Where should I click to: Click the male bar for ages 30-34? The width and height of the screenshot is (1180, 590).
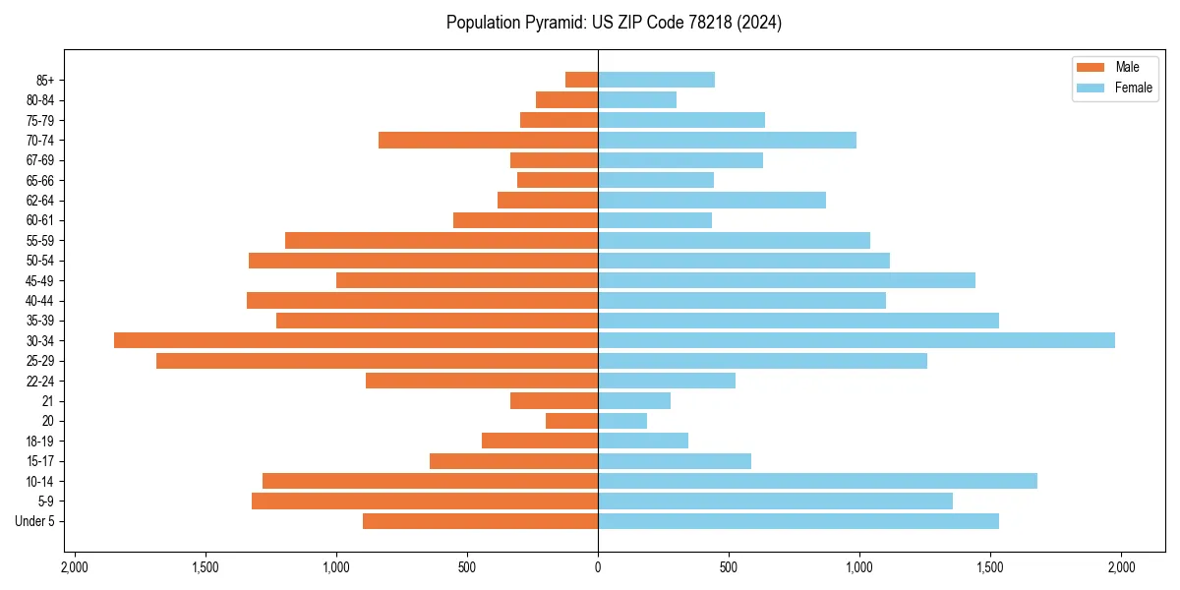[356, 340]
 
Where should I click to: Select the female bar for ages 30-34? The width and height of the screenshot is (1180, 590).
[856, 340]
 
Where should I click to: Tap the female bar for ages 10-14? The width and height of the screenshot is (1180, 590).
[817, 481]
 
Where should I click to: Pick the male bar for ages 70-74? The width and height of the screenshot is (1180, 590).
[488, 141]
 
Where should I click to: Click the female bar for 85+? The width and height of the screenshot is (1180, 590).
[656, 80]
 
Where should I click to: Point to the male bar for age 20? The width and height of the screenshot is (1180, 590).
[571, 421]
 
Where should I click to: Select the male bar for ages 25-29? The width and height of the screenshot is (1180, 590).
[377, 361]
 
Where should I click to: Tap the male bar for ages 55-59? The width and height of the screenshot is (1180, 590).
[442, 241]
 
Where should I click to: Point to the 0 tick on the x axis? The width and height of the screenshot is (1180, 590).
[598, 567]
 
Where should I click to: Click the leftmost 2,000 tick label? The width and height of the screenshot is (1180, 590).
[74, 567]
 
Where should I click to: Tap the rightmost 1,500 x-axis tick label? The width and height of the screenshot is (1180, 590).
[990, 567]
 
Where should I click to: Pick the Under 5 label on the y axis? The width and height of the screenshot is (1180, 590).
[34, 521]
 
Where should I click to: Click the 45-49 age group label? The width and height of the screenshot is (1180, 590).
[39, 280]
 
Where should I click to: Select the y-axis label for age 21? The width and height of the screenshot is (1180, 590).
[47, 401]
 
